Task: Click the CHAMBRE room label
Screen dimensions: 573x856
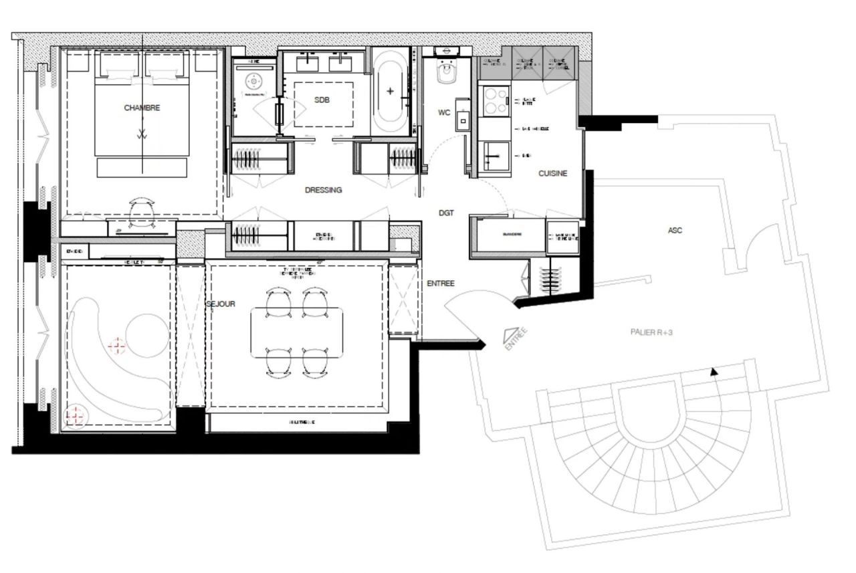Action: point(142,108)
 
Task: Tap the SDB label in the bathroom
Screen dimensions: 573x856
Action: point(323,100)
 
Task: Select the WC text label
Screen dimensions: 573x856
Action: point(444,112)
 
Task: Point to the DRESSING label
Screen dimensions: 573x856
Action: point(323,190)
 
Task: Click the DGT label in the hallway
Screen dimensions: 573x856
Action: point(446,213)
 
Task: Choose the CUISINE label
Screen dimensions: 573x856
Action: point(553,174)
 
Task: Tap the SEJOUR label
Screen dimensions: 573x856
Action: point(221,304)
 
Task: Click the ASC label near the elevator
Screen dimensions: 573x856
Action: point(675,231)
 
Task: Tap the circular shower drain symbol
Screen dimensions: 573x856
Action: point(253,82)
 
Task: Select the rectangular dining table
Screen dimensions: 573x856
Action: point(298,332)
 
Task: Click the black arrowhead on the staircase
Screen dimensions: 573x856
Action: point(714,372)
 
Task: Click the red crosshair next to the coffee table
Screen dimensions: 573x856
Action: point(117,345)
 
